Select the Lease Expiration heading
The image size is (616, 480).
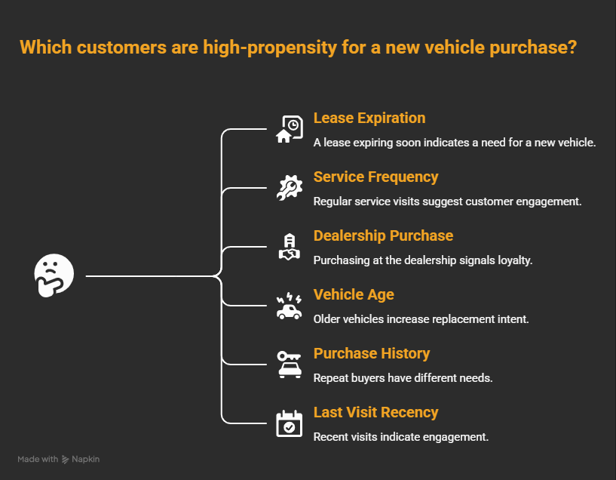pos(369,118)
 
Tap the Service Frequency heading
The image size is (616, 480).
pos(375,177)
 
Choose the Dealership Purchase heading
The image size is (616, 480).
pos(383,236)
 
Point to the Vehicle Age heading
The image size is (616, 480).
pos(354,295)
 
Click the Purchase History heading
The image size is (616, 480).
pos(372,354)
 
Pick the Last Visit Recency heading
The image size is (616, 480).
pos(375,413)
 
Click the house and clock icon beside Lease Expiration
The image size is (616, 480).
pos(289,129)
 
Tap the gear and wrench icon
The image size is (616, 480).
pos(289,188)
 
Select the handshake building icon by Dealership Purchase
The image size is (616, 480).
pos(289,247)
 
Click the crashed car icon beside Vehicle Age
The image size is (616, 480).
pos(289,306)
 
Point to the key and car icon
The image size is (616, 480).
pos(289,365)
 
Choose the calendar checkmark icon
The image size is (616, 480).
pos(289,423)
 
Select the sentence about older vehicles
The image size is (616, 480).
pos(421,318)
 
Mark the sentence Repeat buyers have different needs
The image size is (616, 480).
pos(403,377)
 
